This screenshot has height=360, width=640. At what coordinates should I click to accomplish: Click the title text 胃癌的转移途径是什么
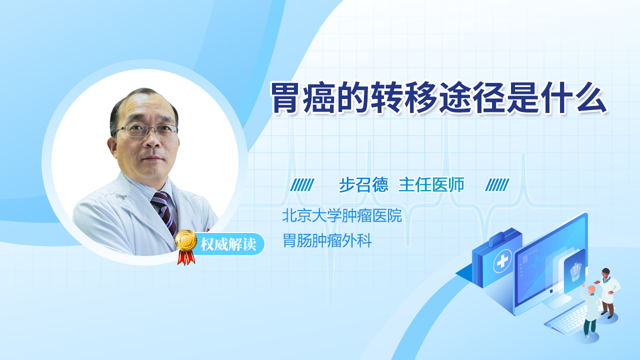coord(439,98)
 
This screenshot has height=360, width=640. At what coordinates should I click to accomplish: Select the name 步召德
coord(363,185)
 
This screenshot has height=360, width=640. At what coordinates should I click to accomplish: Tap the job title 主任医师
coord(431,184)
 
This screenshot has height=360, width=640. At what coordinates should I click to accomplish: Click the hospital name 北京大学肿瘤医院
coord(342,215)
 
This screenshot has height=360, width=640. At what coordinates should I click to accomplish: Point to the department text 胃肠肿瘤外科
coord(327,240)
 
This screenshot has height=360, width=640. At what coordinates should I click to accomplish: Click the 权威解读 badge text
coord(228,244)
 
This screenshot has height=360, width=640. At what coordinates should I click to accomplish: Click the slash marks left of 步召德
coord(302,185)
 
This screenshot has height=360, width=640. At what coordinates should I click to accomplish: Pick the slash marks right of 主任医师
coord(497,185)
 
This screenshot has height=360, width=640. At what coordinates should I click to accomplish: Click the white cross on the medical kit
coord(502,261)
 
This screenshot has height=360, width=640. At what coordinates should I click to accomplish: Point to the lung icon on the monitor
coord(575,271)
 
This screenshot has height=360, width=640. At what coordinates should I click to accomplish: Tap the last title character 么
coord(591,98)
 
